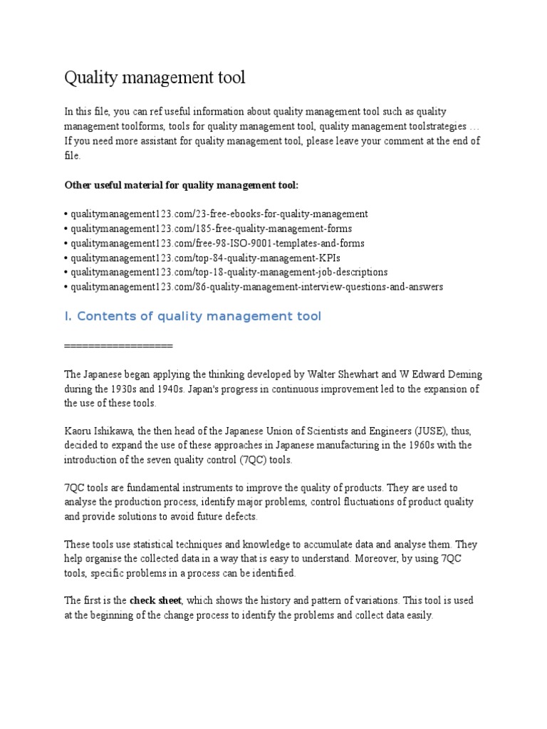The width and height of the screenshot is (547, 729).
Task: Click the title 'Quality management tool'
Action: [155, 78]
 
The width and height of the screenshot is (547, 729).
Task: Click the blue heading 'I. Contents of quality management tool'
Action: [193, 316]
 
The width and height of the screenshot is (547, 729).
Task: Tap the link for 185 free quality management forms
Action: [210, 229]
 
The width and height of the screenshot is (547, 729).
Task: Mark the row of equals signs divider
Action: [118, 345]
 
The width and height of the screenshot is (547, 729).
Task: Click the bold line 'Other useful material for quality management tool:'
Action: [182, 185]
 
